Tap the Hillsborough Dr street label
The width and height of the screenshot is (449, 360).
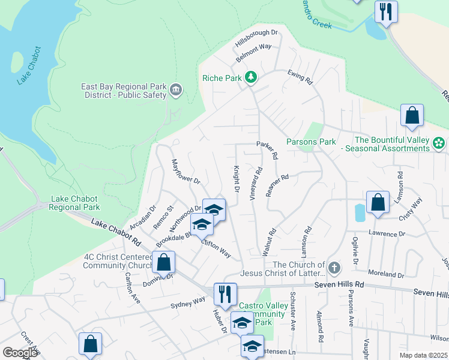click(x=257, y=40)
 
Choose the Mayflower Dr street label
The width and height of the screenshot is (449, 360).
click(x=185, y=171)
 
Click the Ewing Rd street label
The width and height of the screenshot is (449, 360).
click(x=301, y=76)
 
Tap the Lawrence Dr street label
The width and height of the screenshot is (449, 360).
click(x=387, y=233)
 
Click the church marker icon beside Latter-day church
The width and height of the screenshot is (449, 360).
click(x=334, y=266)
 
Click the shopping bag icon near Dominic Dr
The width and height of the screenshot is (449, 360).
click(x=163, y=262)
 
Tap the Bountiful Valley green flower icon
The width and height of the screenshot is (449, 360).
click(x=439, y=143)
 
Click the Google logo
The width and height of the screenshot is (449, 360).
click(x=19, y=353)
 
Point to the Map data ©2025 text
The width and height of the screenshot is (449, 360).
click(x=423, y=355)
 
